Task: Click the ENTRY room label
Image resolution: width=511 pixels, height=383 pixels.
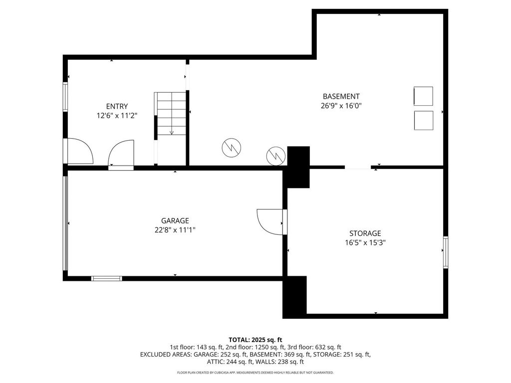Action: pos(117,106)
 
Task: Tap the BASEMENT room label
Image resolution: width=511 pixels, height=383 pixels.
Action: pos(341,96)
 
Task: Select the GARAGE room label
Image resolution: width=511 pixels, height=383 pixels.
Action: pos(175,221)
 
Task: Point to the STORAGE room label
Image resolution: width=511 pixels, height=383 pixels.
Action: pos(365,233)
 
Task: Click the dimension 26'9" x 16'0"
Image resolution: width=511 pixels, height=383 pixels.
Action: pos(341,106)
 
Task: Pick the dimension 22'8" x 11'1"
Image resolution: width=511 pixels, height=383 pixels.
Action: pos(175,230)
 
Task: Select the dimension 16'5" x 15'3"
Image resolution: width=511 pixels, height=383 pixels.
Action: pos(365,243)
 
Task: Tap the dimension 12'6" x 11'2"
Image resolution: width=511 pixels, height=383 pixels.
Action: pos(117,115)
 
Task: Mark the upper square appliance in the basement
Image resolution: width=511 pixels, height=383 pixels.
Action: pos(423,96)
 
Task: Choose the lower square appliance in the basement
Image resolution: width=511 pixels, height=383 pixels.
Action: pos(424,121)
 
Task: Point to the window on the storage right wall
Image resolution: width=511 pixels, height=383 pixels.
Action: pos(446,252)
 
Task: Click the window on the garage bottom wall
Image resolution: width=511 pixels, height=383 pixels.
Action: pos(106,278)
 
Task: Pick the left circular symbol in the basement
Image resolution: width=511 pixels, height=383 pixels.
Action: pos(232,148)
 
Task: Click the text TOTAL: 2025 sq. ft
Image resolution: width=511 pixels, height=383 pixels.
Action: pos(255,340)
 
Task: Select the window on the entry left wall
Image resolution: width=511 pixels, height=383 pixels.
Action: pos(65,97)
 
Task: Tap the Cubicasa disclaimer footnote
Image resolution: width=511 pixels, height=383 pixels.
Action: pos(255,372)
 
